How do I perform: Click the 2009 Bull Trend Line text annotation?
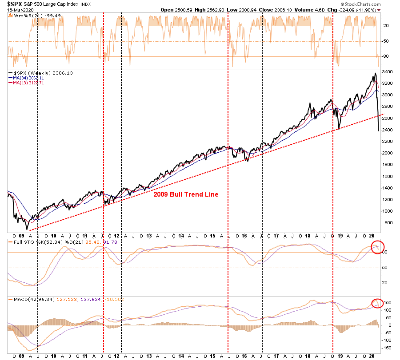coord(186,194)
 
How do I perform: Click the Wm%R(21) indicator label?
coord(26,16)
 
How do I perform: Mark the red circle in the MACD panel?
coord(376,303)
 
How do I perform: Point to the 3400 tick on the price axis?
coord(387,72)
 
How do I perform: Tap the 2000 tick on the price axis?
coord(387,153)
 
